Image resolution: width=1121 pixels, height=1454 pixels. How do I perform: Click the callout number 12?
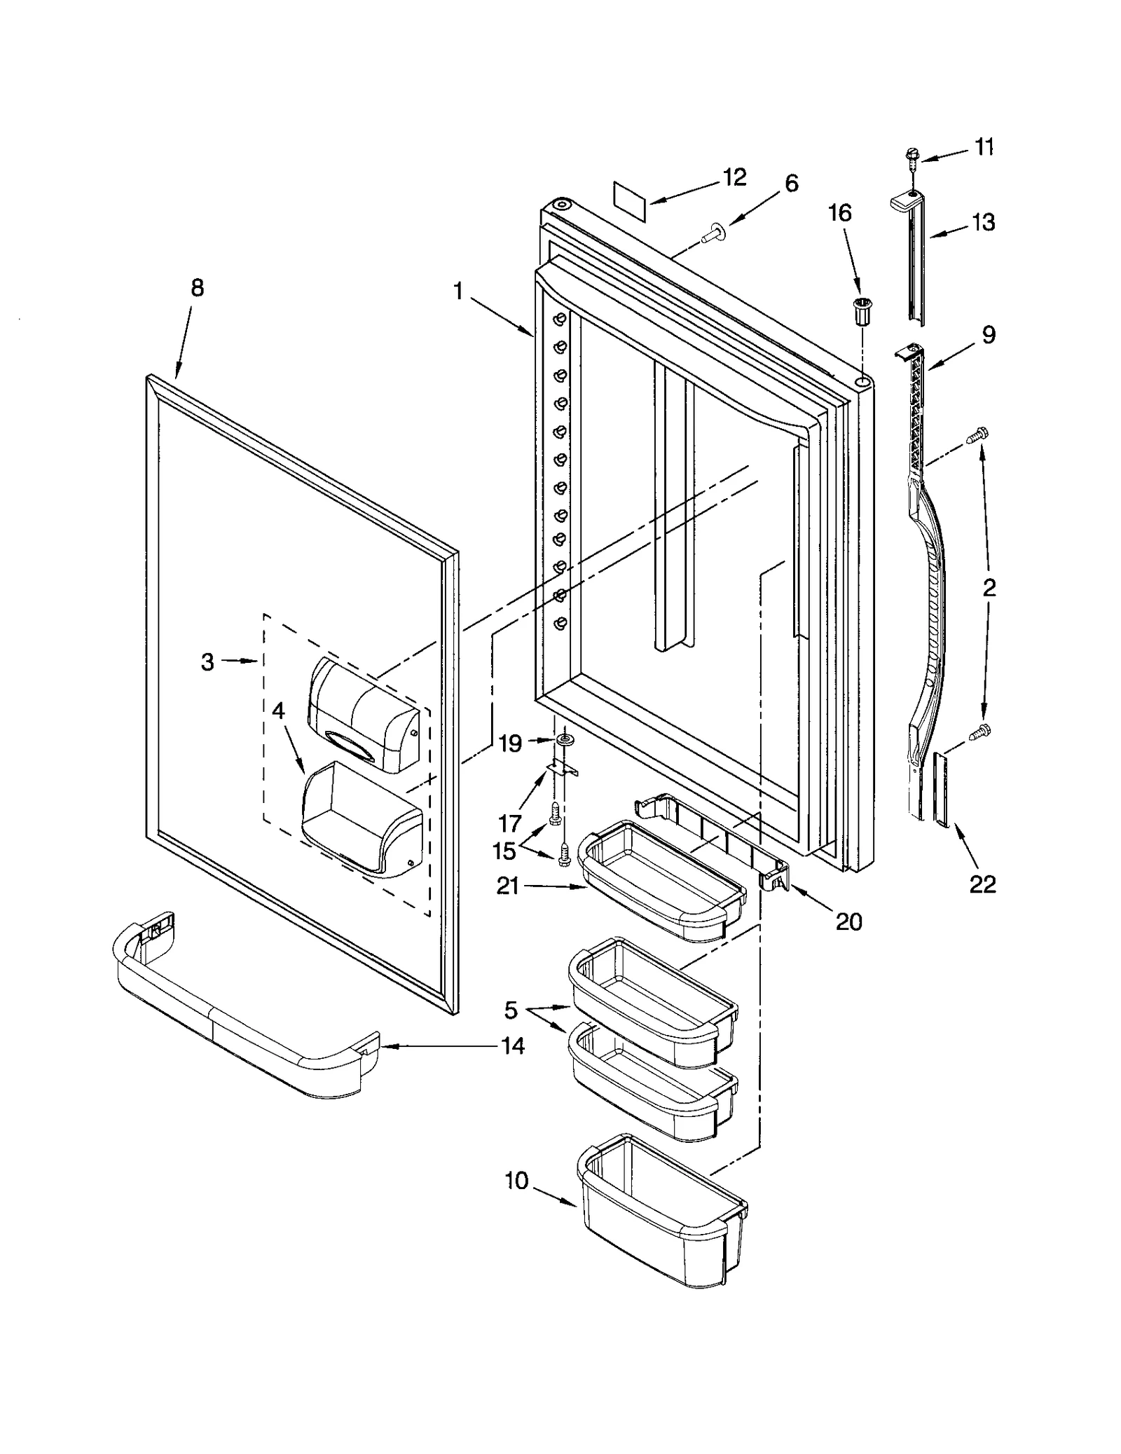(734, 177)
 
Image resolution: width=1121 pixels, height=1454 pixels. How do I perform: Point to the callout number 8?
(198, 287)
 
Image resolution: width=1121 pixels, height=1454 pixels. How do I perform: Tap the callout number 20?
(849, 921)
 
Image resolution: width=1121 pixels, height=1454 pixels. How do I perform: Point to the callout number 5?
(511, 1010)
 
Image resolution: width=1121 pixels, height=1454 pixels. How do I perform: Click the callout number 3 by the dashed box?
(207, 661)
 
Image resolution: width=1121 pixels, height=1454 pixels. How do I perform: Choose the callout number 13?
(983, 222)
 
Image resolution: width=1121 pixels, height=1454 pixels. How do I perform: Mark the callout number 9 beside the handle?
(988, 335)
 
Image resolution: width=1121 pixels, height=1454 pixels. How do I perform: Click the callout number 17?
(510, 822)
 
